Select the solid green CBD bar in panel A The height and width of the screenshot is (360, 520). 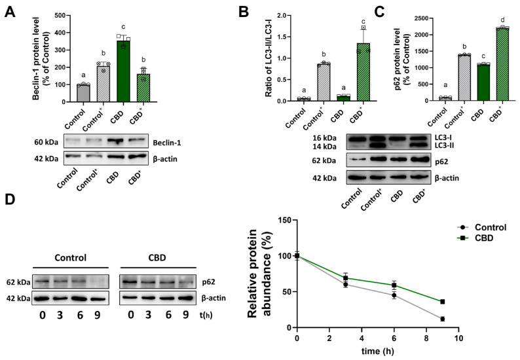point(122,71)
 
